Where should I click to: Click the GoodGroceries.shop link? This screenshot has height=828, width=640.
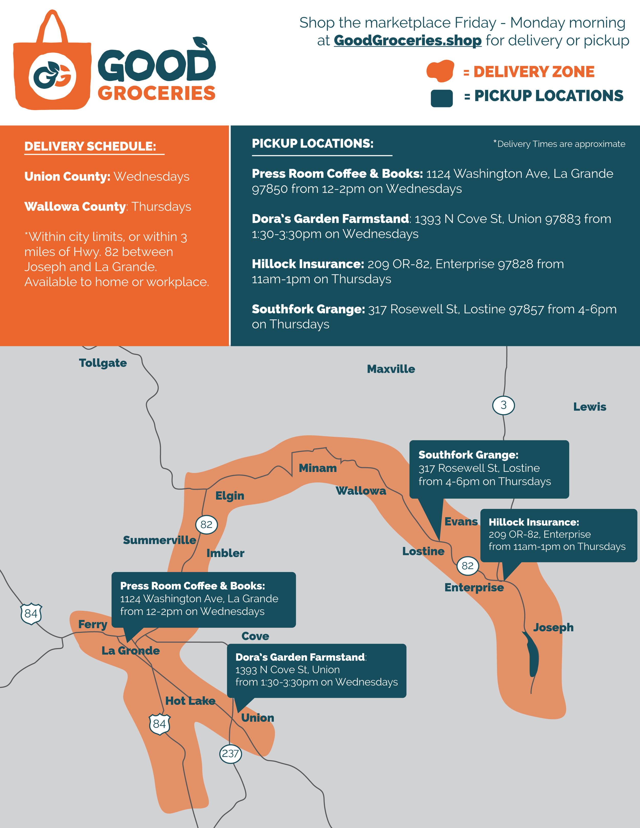[407, 40]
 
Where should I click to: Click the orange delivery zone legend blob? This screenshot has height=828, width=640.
[440, 71]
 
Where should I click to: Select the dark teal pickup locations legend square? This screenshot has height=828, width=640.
[441, 98]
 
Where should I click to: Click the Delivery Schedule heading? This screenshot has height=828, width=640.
[90, 146]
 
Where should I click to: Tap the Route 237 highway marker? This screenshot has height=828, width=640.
[230, 753]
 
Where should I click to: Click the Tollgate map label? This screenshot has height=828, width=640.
[103, 363]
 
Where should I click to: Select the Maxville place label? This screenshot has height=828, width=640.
[391, 369]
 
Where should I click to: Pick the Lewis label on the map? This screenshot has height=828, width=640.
[589, 407]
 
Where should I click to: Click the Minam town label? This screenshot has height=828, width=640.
[317, 468]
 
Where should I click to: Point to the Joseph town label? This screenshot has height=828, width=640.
[553, 627]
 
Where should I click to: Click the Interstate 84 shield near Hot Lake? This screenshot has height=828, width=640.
[159, 724]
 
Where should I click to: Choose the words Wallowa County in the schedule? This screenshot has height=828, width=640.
[75, 207]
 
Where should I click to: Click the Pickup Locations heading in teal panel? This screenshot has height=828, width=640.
[312, 144]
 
